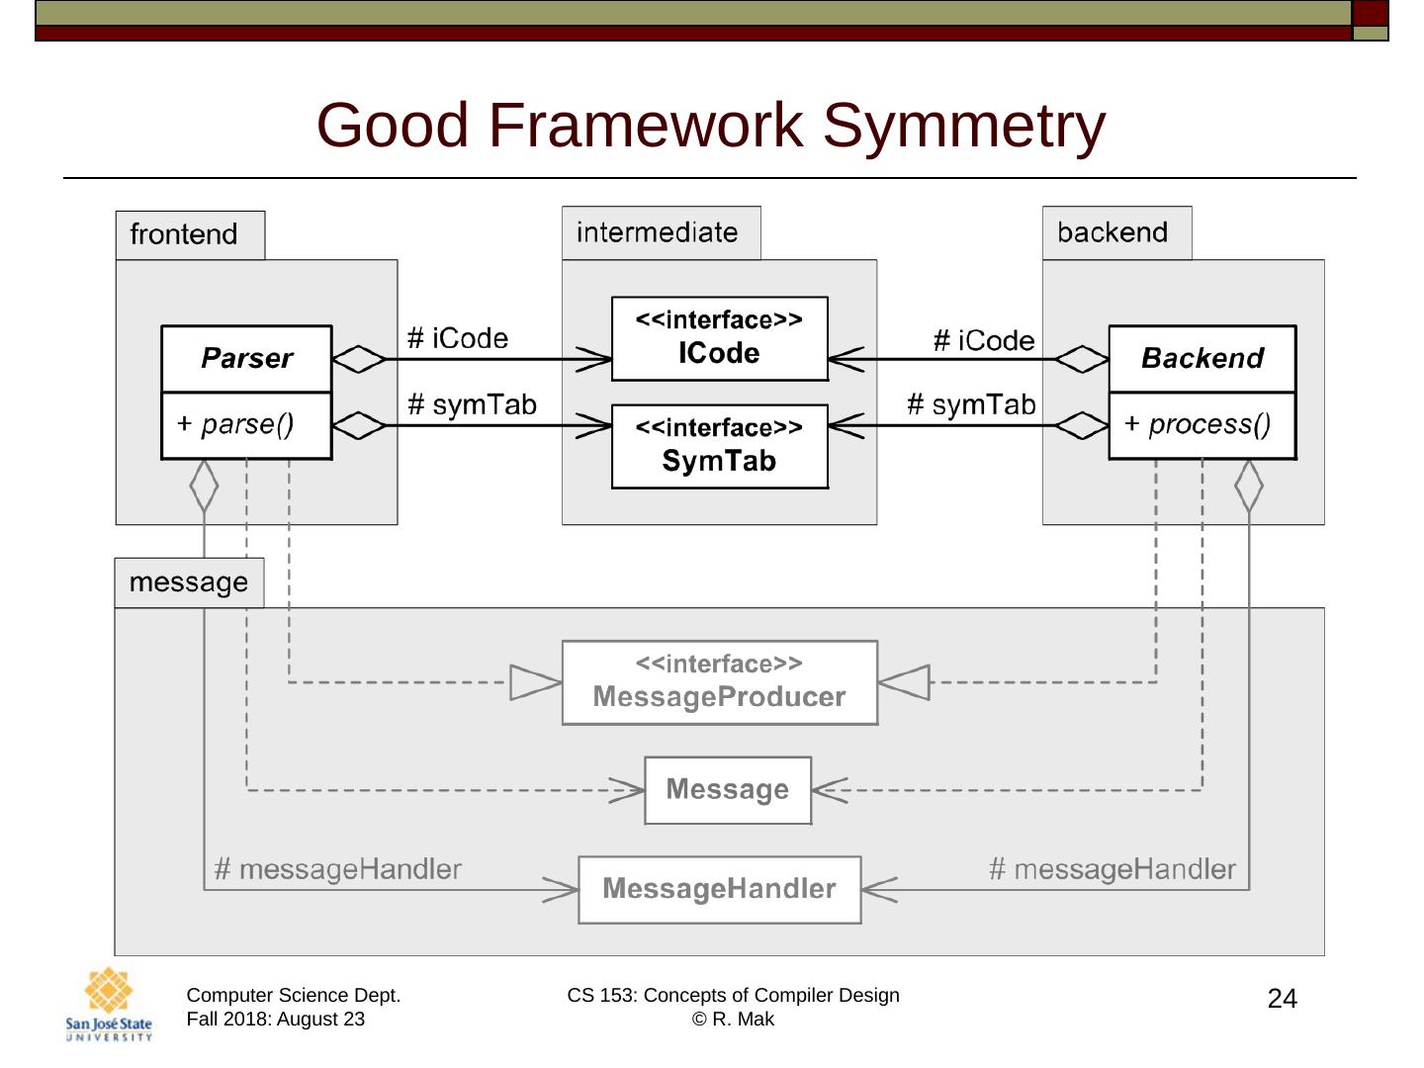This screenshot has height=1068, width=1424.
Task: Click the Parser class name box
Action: point(246,358)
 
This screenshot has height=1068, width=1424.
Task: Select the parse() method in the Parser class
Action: point(246,425)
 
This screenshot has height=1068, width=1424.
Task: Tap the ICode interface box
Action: point(719,338)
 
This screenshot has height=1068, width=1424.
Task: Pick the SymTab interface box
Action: point(719,446)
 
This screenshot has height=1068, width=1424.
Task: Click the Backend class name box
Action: point(1201,358)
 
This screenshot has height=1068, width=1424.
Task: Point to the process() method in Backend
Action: point(1201,425)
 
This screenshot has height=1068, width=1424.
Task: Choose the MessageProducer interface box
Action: point(719,682)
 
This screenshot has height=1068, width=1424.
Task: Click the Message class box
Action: point(727,790)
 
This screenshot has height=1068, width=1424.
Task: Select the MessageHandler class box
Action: point(719,889)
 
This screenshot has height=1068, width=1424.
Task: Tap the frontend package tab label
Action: point(185,234)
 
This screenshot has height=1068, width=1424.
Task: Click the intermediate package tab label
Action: point(658,232)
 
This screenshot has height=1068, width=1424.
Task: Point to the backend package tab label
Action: point(1112,232)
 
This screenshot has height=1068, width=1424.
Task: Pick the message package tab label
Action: point(188,582)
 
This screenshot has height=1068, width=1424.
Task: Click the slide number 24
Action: point(1282,999)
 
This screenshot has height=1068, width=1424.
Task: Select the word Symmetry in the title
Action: point(963,126)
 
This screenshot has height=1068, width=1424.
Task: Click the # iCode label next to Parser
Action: point(458,338)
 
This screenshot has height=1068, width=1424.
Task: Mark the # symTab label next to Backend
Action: point(971,404)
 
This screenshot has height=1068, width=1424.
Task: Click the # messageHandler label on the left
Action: point(338,869)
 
